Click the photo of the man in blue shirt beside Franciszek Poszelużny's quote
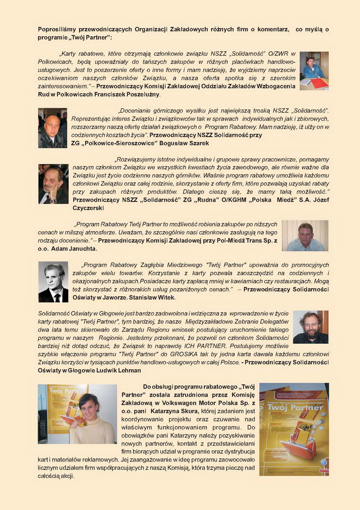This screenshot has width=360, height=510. tap(314, 71)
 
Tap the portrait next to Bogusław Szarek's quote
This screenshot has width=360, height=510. tap(52, 128)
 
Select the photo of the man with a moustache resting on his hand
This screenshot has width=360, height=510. tap(53, 184)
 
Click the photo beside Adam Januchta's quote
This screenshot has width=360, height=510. tap(305, 235)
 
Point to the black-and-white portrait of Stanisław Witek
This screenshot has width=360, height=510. tap(53, 282)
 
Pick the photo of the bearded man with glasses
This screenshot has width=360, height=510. tap(310, 327)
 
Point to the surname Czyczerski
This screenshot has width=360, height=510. tap(88, 208)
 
